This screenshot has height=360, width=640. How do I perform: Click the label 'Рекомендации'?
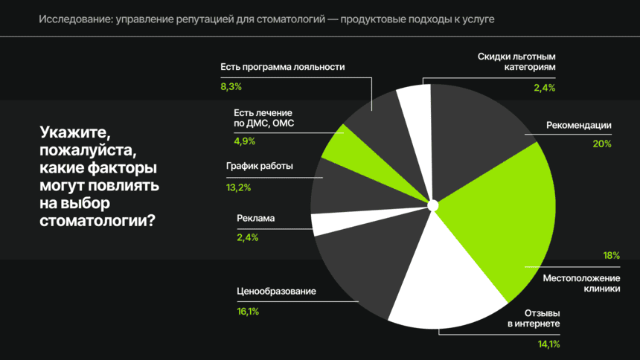(578, 125)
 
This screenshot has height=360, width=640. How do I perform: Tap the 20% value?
(601, 144)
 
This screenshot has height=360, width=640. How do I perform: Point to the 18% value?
(611, 255)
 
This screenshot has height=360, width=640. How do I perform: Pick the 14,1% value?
(549, 344)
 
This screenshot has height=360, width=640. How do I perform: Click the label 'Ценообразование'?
(276, 292)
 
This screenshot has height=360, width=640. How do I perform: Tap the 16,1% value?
(248, 312)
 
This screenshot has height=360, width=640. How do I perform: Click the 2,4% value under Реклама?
(247, 237)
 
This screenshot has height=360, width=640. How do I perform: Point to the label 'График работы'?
(259, 166)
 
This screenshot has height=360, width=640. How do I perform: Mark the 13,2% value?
(238, 187)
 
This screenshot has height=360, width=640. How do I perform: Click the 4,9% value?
(245, 141)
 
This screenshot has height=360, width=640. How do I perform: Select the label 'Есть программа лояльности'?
(283, 66)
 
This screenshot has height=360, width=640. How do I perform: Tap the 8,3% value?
(231, 87)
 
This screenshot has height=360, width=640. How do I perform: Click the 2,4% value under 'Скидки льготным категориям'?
(544, 88)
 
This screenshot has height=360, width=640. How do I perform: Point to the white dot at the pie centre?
(433, 205)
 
